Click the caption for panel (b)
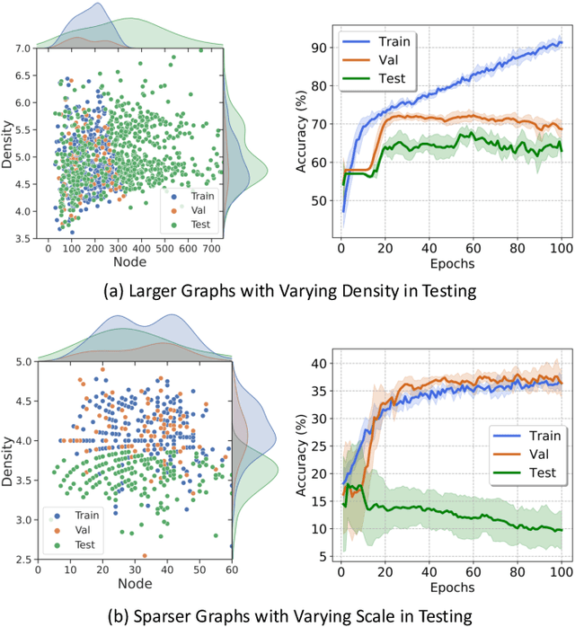[287, 614]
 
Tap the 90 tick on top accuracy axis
[314, 47]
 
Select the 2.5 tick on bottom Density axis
[20, 559]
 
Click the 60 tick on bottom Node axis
[231, 569]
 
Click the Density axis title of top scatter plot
[8, 144]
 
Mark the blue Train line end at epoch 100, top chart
[561, 42]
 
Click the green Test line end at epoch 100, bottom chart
[561, 529]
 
